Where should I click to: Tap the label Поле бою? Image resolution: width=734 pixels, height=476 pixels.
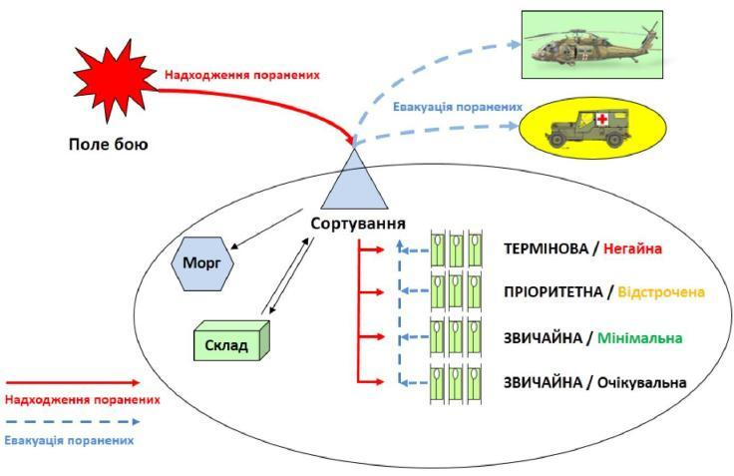pyautogui.click(x=110, y=145)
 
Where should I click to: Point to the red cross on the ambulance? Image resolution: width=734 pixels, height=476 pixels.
pyautogui.click(x=602, y=120)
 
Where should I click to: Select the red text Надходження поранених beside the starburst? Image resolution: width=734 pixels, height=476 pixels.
pyautogui.click(x=243, y=73)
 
